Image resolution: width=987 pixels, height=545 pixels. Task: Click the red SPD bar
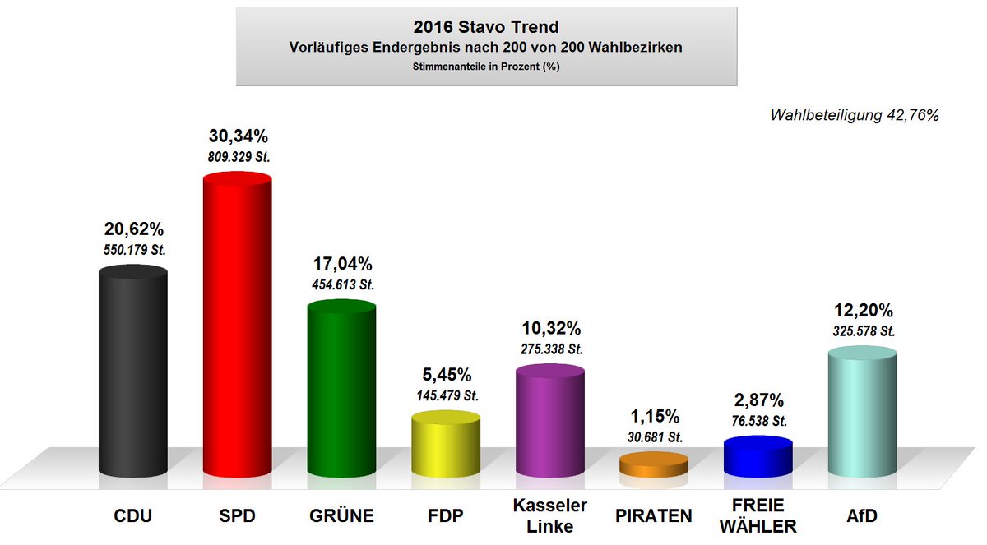237,329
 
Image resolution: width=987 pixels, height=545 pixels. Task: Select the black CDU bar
133,374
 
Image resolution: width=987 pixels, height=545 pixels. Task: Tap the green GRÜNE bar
341,390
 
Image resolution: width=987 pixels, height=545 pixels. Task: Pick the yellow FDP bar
445,446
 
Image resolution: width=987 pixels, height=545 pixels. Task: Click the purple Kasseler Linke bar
549,423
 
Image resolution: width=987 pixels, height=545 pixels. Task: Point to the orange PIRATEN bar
653,466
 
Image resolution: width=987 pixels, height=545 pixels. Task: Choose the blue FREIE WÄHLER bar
758,456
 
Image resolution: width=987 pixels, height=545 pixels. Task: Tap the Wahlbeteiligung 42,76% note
854,116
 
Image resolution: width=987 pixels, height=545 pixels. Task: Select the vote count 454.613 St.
341,284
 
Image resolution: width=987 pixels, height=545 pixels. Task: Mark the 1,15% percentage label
653,417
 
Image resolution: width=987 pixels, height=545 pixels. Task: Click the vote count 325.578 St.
861,331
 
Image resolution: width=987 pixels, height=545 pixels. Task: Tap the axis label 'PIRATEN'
653,516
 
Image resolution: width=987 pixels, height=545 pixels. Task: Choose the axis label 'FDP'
445,516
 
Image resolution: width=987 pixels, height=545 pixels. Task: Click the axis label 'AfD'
861,516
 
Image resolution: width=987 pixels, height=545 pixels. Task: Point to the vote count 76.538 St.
758,421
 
